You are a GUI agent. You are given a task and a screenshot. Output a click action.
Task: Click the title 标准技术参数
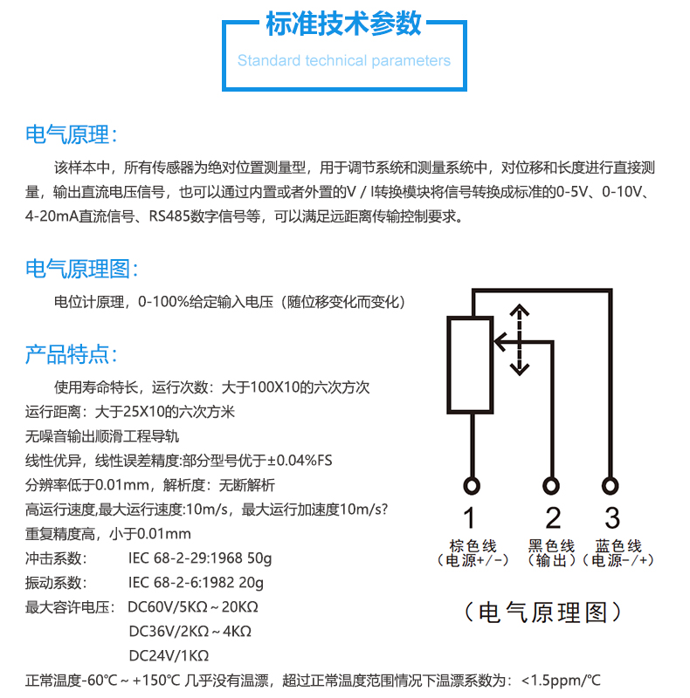343,24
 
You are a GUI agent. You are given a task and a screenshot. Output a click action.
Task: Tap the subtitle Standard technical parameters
343,60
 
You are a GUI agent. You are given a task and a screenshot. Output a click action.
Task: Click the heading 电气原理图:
81,269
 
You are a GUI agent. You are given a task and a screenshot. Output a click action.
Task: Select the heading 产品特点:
71,354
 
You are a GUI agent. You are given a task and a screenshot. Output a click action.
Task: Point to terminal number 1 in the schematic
469,517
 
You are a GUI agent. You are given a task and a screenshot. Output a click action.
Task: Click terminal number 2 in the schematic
553,517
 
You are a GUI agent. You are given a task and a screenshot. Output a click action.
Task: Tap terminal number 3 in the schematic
612,517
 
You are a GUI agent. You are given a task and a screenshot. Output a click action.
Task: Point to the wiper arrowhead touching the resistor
500,342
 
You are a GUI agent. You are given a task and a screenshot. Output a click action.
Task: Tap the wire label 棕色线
473,545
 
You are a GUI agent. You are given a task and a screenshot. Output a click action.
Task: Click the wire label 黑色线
551,545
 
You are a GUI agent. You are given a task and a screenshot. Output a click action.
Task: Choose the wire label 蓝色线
618,545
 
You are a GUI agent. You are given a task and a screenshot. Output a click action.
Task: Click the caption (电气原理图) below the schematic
543,612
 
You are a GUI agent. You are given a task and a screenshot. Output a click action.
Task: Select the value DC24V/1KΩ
169,656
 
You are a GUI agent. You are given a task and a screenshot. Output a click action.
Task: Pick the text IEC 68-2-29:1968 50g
200,558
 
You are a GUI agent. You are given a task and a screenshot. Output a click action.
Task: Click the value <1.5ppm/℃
561,681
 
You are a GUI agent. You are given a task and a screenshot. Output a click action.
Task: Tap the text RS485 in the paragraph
169,216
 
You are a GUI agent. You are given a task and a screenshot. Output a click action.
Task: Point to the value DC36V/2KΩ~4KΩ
190,631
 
